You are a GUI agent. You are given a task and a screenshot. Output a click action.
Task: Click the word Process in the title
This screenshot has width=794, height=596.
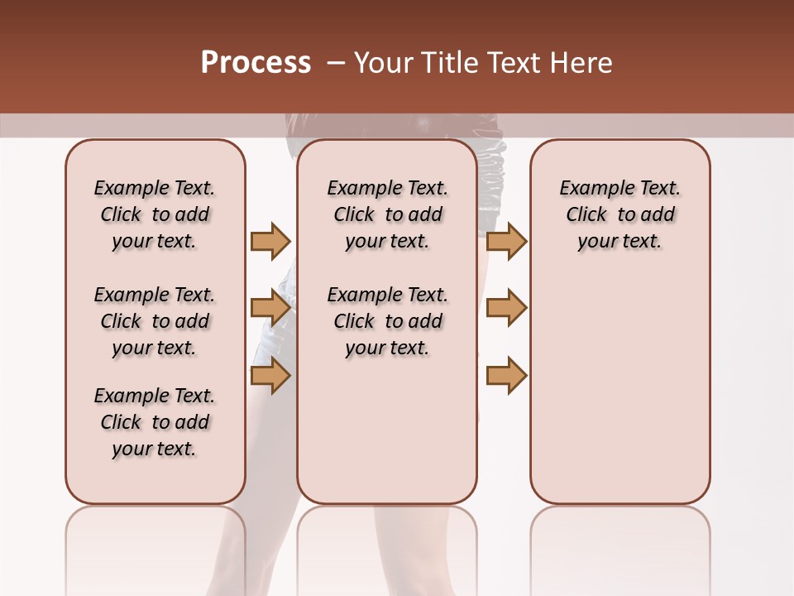point(256,63)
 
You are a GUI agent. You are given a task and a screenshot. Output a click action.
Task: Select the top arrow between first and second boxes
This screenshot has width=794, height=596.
point(270,242)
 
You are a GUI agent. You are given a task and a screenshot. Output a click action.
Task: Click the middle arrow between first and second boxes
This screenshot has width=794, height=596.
point(270,309)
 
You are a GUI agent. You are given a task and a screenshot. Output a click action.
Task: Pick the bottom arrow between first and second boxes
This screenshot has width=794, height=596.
point(270,376)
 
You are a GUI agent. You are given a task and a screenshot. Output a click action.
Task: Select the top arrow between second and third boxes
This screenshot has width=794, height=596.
point(506,242)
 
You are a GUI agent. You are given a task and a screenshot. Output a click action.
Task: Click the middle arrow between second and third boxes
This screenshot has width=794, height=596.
point(506,309)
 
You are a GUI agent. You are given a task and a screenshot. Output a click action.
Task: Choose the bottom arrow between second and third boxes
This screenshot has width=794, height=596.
point(506,376)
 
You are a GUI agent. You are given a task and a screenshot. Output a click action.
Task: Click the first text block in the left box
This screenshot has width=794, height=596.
point(155,214)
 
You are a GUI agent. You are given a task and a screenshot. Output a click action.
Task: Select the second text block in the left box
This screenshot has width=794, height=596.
point(155,321)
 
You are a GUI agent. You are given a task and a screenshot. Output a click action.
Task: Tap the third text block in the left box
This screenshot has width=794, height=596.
point(155,422)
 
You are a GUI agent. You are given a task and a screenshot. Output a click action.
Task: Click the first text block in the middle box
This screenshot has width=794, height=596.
point(387,214)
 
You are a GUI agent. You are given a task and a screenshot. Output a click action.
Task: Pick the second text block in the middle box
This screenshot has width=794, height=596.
point(387,321)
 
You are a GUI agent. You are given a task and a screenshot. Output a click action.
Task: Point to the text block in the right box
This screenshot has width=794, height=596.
point(619,214)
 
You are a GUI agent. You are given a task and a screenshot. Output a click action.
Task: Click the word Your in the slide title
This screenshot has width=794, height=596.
point(384,63)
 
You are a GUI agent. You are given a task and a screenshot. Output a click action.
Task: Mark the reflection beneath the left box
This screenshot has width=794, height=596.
point(155,546)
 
